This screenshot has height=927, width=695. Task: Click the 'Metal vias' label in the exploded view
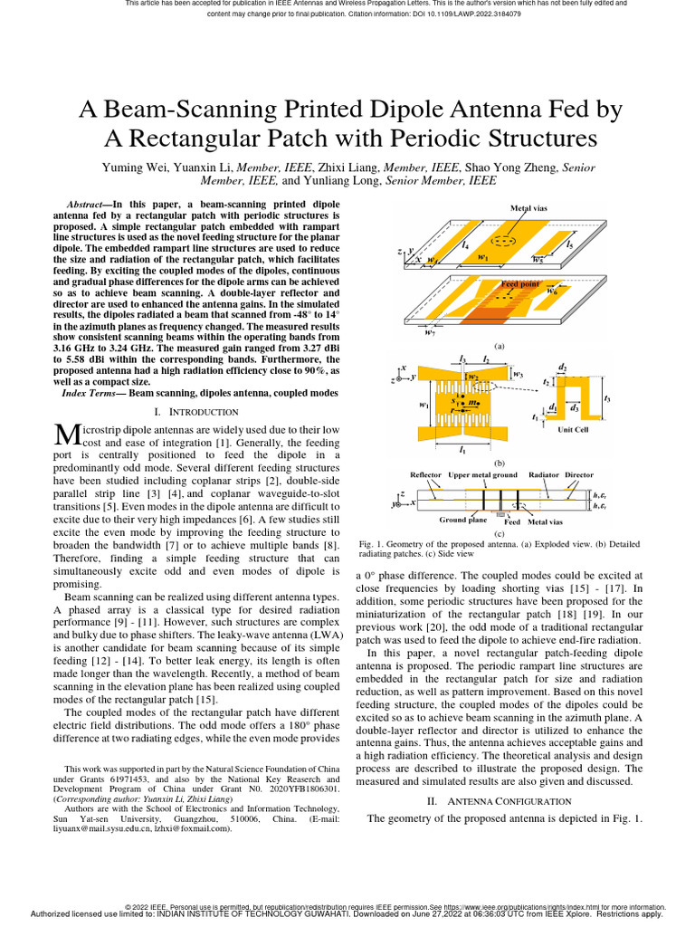pyautogui.click(x=528, y=208)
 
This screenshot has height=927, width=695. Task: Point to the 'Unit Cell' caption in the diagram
pyautogui.click(x=572, y=430)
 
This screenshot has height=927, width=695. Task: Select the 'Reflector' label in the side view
pyautogui.click(x=426, y=474)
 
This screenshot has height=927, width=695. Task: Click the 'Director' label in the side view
pyautogui.click(x=579, y=474)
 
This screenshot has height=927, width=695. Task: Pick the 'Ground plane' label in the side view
pyautogui.click(x=463, y=521)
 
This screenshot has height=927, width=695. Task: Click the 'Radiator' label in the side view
pyautogui.click(x=544, y=474)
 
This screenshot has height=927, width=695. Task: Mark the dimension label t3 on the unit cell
pyautogui.click(x=607, y=398)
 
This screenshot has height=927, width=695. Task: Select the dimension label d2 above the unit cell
pyautogui.click(x=563, y=367)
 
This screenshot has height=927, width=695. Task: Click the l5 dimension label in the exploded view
pyautogui.click(x=569, y=244)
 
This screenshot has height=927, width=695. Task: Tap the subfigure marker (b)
pyautogui.click(x=499, y=462)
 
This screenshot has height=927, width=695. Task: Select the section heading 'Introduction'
pyautogui.click(x=205, y=412)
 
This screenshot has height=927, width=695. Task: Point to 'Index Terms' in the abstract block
pyautogui.click(x=89, y=393)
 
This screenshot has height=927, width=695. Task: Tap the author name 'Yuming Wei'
pyautogui.click(x=135, y=167)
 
